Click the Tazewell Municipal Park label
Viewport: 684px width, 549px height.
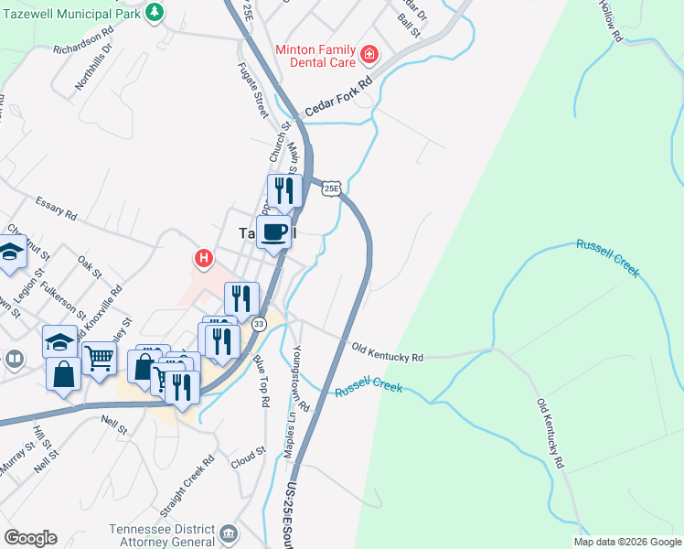[70, 13]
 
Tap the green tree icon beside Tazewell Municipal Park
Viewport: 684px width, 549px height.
[155, 12]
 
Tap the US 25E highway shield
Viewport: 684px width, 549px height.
[331, 188]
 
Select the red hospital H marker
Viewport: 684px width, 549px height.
[204, 259]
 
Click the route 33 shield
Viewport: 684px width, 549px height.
[259, 324]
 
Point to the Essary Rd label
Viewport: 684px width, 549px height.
[56, 208]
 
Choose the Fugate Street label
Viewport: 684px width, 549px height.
[251, 89]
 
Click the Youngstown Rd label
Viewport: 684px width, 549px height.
[302, 378]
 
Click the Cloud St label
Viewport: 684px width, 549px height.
[248, 456]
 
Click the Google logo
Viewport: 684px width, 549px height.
[30, 538]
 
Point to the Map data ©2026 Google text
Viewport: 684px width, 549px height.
[626, 542]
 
